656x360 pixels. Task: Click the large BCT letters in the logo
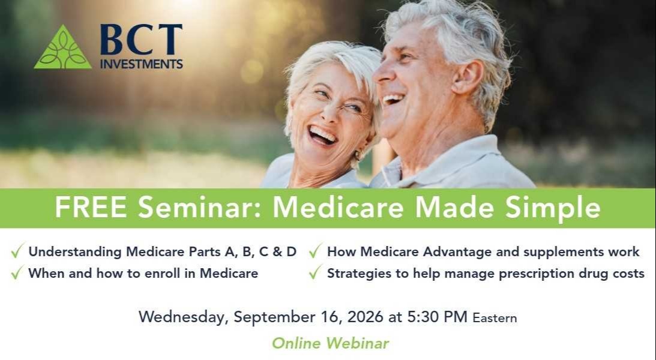(142, 40)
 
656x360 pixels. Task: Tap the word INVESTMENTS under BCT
(142, 64)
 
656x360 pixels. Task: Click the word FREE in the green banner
(91, 207)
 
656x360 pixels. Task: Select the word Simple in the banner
(553, 208)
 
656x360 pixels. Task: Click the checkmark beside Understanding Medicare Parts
(17, 250)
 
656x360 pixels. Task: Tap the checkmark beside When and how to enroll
(17, 272)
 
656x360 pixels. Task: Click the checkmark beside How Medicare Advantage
(316, 250)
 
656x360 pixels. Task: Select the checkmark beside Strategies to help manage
(316, 272)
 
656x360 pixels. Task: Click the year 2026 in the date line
(365, 317)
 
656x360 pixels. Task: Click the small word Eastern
(495, 318)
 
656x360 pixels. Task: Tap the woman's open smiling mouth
(322, 134)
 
